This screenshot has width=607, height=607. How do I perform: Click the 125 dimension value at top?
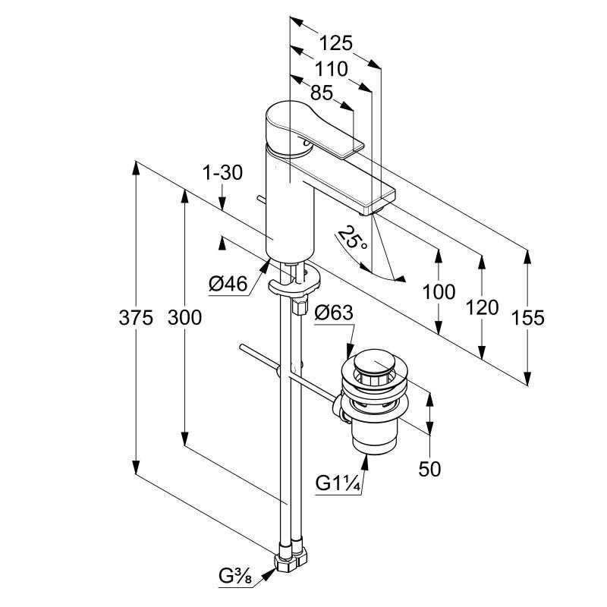tap(337, 43)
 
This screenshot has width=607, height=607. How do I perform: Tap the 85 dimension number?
tap(322, 93)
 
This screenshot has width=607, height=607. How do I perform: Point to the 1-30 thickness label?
tap(222, 173)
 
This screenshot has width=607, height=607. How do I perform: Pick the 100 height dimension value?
tap(439, 291)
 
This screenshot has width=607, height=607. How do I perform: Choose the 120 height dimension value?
tap(483, 307)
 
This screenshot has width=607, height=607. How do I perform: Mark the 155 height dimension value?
tap(528, 316)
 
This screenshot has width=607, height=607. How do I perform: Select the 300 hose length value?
tap(184, 317)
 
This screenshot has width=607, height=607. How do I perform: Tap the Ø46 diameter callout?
tap(228, 284)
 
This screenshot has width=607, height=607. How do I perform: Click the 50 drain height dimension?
tap(429, 468)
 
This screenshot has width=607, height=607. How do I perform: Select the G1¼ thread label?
tap(338, 483)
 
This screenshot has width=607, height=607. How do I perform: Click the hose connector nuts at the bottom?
tap(291, 558)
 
